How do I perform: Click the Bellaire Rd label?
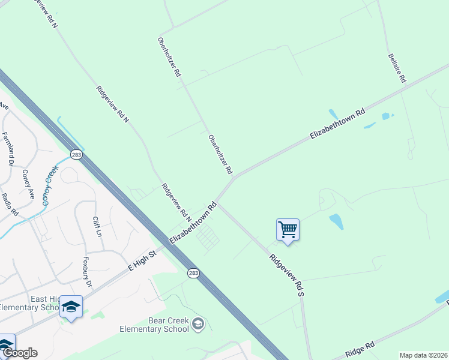397,67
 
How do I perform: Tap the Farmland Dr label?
8,149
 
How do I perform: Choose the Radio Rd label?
10,205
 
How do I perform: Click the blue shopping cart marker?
288,229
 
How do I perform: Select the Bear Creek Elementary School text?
154,325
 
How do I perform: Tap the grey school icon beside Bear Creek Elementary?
199,325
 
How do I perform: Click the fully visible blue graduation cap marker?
71,307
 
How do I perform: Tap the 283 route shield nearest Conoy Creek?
76,155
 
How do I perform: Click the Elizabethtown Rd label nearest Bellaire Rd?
337,124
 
